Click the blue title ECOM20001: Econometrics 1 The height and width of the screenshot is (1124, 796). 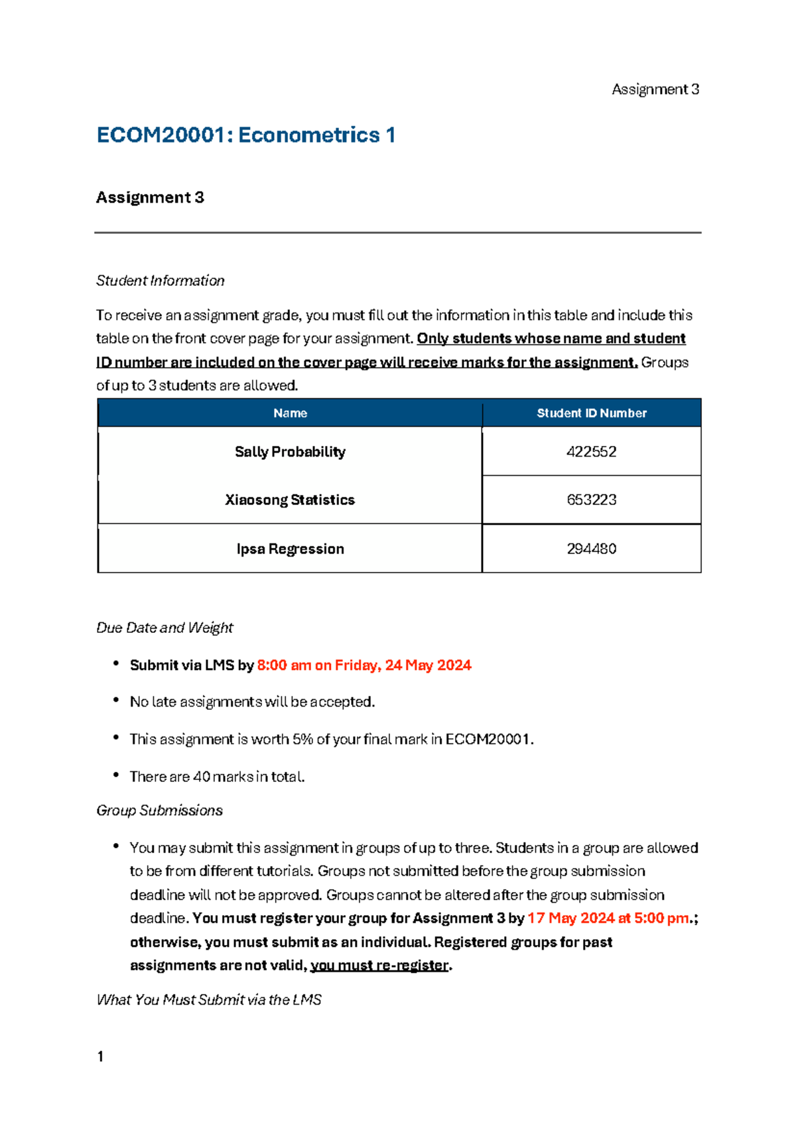pyautogui.click(x=245, y=135)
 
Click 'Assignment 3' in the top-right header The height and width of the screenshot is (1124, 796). pyautogui.click(x=655, y=89)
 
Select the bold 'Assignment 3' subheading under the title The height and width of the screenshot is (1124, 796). pyautogui.click(x=150, y=197)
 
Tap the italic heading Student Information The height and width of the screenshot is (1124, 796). pyautogui.click(x=160, y=280)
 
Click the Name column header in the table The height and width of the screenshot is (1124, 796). pyautogui.click(x=290, y=413)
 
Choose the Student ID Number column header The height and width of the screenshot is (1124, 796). pyautogui.click(x=591, y=413)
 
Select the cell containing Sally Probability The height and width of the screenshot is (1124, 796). pyautogui.click(x=290, y=452)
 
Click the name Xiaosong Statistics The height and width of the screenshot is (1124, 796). pyautogui.click(x=290, y=500)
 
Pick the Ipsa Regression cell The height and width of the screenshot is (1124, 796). pyautogui.click(x=290, y=549)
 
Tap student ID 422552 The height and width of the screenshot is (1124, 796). pyautogui.click(x=591, y=452)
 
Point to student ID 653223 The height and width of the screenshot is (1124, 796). pyautogui.click(x=591, y=500)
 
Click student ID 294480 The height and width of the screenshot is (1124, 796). pyautogui.click(x=591, y=549)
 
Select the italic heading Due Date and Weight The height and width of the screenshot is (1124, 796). pyautogui.click(x=165, y=628)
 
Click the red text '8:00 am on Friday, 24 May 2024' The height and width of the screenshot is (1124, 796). pyautogui.click(x=364, y=665)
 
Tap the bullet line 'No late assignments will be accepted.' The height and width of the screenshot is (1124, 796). pyautogui.click(x=252, y=702)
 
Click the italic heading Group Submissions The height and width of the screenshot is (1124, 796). pyautogui.click(x=159, y=811)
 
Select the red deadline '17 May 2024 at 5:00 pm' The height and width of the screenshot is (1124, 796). pyautogui.click(x=608, y=919)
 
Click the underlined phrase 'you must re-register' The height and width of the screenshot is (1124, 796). pyautogui.click(x=379, y=966)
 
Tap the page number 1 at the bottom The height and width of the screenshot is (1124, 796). pyautogui.click(x=100, y=1057)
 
